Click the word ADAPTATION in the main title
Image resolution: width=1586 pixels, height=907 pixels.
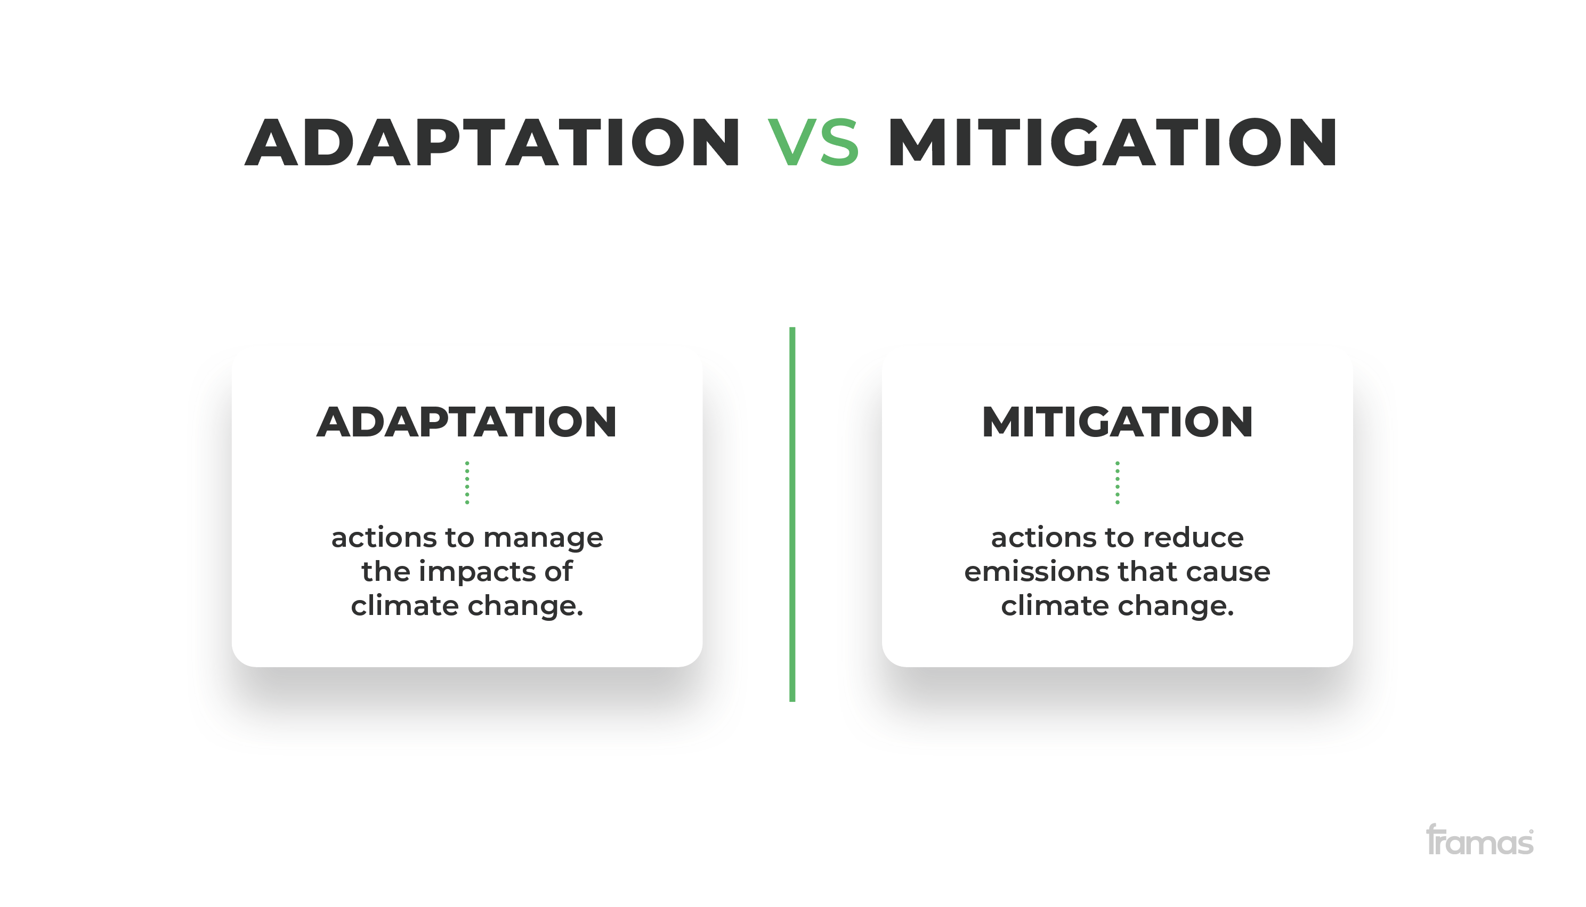tap(492, 142)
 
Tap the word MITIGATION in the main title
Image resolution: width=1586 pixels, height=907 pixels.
tap(1113, 142)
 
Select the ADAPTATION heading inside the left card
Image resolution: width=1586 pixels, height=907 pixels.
tap(467, 422)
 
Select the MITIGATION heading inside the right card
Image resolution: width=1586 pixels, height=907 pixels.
tap(1117, 422)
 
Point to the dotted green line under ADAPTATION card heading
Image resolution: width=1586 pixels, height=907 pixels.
tap(467, 483)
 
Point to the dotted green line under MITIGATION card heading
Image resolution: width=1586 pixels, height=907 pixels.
tap(1118, 483)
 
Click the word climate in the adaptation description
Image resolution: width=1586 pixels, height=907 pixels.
tap(405, 605)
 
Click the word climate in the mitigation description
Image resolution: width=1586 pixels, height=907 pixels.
tap(1055, 605)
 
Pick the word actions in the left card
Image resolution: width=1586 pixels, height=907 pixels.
tap(384, 538)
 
